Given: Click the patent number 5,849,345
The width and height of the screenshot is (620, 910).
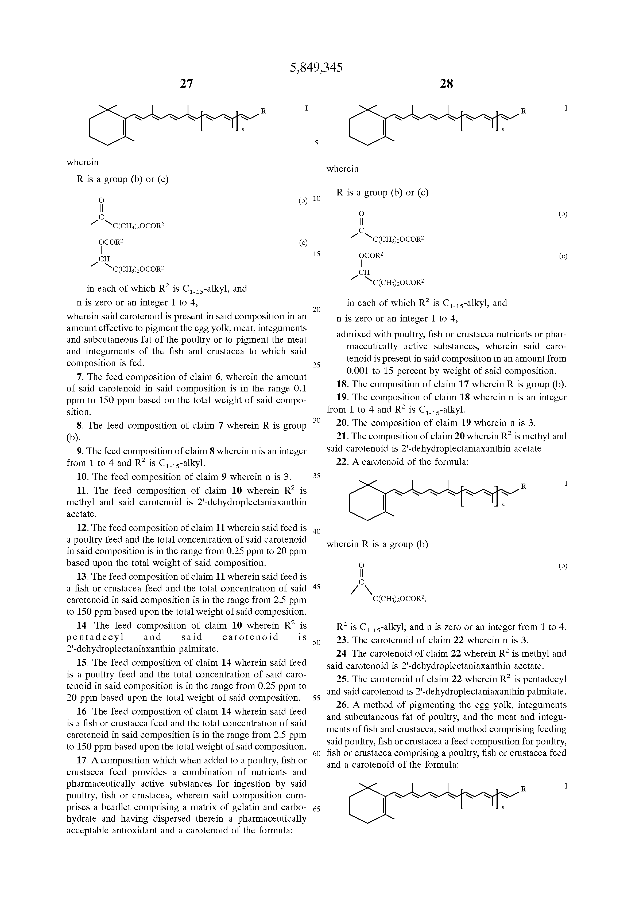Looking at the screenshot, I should [x=316, y=68].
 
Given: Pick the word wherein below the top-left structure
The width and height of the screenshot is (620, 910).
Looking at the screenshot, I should [x=82, y=162].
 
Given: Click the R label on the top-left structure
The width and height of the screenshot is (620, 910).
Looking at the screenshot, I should [x=264, y=111].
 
